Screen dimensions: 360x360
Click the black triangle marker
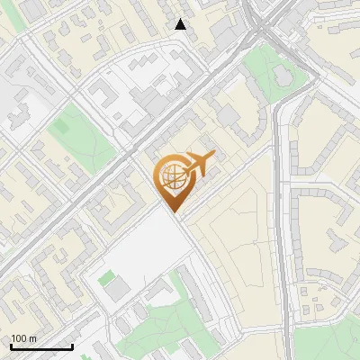point(181,24)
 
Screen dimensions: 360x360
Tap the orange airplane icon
point(197,166)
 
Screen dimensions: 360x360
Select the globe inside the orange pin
point(173,178)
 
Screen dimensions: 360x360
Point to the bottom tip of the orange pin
point(173,212)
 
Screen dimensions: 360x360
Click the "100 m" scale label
point(23,338)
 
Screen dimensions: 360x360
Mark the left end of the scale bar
point(11,346)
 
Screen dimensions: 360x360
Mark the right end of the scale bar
point(72,346)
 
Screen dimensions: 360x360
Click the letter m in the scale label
point(32,338)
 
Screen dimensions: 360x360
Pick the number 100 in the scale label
point(19,338)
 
